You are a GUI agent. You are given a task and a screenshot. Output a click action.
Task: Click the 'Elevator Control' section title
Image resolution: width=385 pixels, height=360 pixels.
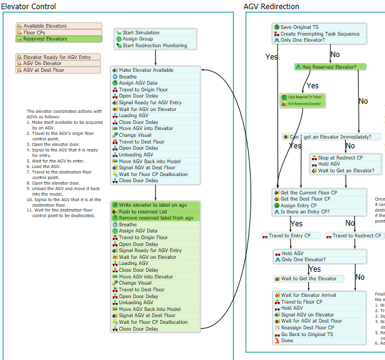tap(29, 7)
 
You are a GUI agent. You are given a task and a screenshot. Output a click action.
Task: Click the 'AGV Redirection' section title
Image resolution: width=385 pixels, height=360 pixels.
tap(271, 7)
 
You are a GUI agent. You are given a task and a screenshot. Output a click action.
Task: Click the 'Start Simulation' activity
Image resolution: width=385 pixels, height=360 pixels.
tap(141, 33)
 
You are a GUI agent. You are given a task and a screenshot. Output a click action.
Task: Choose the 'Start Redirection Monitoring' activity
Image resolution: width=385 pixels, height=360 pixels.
tap(154, 45)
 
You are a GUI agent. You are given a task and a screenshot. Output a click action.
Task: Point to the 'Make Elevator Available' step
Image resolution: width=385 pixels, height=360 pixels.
tap(146, 70)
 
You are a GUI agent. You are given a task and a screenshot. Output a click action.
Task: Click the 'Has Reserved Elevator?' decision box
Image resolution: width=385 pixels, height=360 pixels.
tap(330, 66)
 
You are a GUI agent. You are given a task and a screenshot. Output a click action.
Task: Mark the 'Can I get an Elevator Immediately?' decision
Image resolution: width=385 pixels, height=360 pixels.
tap(332, 137)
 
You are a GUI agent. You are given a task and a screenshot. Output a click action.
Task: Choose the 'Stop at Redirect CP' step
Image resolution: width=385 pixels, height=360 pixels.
tap(340, 158)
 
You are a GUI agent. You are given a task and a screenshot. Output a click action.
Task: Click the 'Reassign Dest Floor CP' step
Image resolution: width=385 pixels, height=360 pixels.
tap(310, 327)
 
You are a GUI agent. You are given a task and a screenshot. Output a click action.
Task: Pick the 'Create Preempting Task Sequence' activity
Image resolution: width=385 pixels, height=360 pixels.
tap(319, 34)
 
